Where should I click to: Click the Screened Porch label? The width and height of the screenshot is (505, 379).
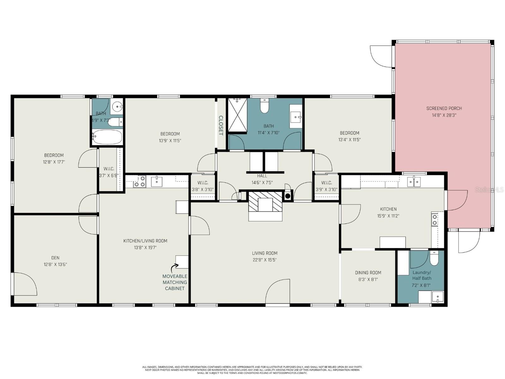[444, 108]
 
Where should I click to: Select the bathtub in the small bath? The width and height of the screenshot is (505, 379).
[107, 137]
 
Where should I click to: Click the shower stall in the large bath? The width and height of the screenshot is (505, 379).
[237, 114]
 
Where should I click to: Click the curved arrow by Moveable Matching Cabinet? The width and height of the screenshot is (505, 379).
[174, 268]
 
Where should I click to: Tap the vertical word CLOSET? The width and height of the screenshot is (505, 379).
[221, 125]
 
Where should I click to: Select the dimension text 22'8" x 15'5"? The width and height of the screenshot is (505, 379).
[264, 260]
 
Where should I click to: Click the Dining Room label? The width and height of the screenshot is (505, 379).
[368, 273]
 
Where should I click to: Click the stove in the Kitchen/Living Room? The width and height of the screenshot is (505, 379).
[140, 182]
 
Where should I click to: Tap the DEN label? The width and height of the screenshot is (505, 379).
[55, 258]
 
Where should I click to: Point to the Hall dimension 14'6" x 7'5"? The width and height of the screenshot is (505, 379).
[262, 183]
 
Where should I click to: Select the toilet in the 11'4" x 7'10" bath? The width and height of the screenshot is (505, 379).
[264, 105]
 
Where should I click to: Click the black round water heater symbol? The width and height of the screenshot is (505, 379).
[288, 196]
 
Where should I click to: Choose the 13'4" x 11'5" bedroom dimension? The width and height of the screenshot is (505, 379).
[349, 140]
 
